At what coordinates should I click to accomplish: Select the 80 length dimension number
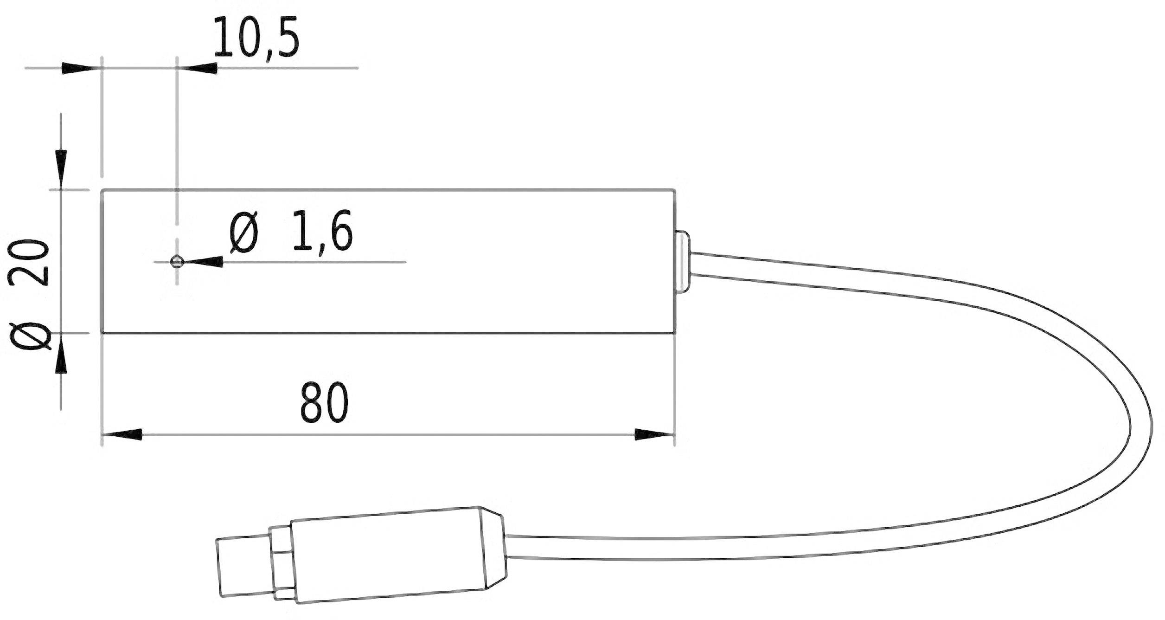(324, 403)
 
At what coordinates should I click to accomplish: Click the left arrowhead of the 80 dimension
(122, 435)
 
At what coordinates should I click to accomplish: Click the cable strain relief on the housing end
(683, 262)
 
